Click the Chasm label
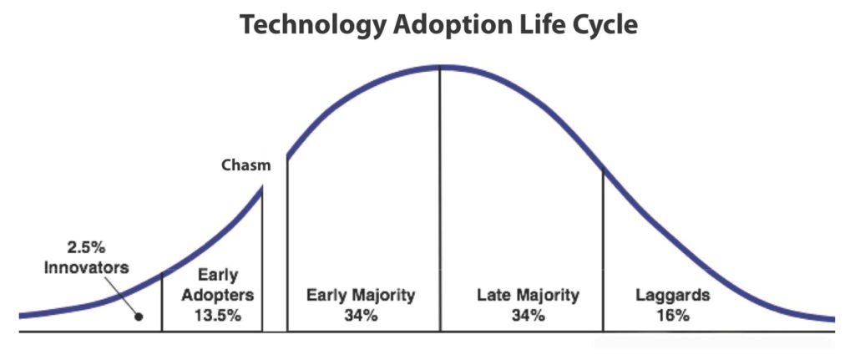[245, 165]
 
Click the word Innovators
[87, 268]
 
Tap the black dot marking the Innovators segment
[139, 317]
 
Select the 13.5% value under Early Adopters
[220, 316]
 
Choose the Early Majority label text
[360, 296]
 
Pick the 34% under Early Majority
[361, 316]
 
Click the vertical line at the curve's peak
[440, 200]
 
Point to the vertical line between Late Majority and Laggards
[603, 251]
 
